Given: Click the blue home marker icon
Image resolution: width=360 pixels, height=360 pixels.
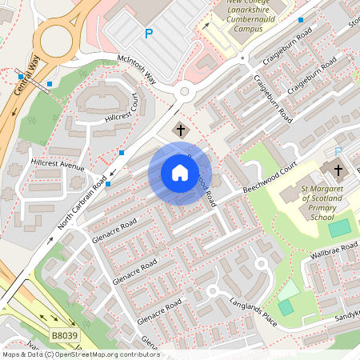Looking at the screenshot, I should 180,173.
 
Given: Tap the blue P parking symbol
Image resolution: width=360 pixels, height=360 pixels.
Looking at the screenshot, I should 148,34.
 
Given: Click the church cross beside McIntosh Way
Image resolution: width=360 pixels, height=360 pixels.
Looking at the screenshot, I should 180,130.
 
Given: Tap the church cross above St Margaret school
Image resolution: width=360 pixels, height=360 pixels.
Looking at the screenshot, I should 338,170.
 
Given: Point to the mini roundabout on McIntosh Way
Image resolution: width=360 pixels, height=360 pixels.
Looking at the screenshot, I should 185,91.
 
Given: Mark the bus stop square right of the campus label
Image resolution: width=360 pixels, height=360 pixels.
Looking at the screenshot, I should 301,19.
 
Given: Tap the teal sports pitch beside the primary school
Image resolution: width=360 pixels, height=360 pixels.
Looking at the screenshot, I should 339,228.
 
